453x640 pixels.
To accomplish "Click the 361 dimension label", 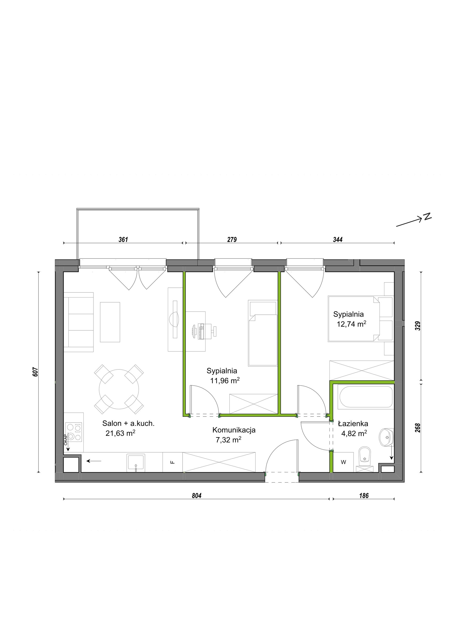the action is pos(123,239).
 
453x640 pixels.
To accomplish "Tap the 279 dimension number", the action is pos(232,239).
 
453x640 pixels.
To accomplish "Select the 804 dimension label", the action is pos(196,496).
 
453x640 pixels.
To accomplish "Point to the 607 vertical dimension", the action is pos(35,372).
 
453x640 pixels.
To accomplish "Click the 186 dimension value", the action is pos(364,496).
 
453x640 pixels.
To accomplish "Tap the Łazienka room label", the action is pos(353,424).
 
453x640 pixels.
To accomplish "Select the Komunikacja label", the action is pos(234,430).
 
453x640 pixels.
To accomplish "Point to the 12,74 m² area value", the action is pos(351,324).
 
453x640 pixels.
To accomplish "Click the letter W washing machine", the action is pos(343,462).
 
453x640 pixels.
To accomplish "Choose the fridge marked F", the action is pos(173,462).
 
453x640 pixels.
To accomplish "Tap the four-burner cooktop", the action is pos(74,432).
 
